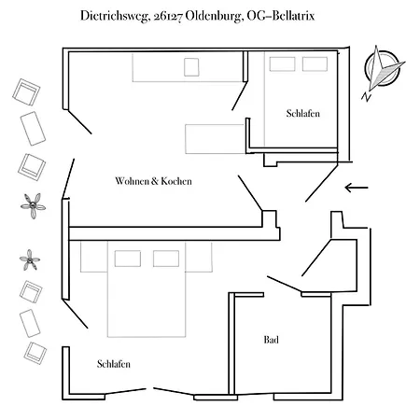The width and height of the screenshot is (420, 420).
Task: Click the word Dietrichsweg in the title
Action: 114,16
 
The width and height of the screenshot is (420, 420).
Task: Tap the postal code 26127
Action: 168,16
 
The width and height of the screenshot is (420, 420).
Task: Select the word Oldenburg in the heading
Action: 214,16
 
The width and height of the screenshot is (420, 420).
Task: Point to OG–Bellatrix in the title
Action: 281,16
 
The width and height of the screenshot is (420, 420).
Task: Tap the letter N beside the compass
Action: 367,97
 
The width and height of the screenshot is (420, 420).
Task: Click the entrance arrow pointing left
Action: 357,188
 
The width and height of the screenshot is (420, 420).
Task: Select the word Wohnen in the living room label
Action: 132,181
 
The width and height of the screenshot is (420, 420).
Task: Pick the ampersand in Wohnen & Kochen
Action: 155,181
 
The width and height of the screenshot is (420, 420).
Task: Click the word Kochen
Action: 176,181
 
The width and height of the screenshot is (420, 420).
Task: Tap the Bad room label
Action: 271,340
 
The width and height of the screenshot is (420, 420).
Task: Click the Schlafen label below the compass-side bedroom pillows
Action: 303,113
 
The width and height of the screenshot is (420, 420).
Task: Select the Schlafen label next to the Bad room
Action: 114,364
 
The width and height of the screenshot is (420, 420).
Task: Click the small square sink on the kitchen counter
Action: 191,67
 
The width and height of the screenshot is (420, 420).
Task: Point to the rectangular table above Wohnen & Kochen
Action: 215,139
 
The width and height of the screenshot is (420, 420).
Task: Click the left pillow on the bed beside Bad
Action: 128,259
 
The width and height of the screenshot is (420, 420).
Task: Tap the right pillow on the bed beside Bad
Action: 166,259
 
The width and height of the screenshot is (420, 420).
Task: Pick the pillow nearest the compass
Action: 315,64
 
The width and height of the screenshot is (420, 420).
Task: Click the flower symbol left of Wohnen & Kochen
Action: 33,205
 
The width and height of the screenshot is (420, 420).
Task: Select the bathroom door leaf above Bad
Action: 284,284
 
